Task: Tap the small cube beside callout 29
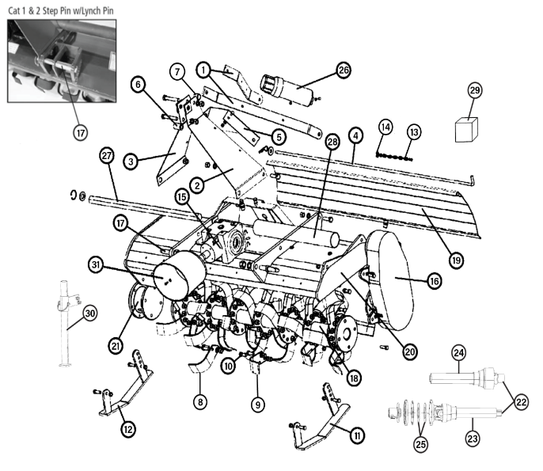467,128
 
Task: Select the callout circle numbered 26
344,70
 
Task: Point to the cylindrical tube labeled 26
289,89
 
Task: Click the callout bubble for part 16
436,280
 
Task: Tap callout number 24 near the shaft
459,351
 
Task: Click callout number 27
108,155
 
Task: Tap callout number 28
332,142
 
